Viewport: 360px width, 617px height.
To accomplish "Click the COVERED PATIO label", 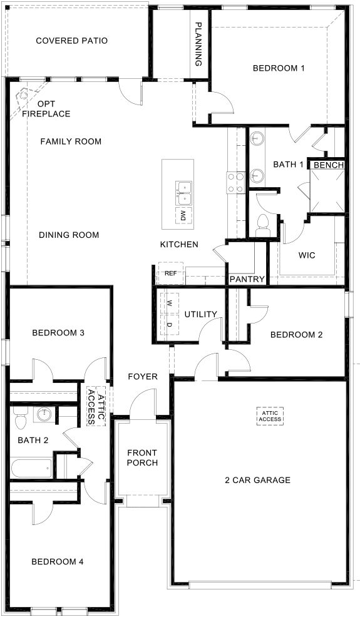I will (x=71, y=41).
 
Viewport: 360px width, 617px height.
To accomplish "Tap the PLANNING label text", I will (x=198, y=44).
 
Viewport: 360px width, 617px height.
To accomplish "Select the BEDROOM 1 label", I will (x=278, y=68).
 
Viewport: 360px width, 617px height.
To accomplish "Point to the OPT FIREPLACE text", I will (x=46, y=109).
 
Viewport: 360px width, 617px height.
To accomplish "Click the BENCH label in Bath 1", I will (x=328, y=165).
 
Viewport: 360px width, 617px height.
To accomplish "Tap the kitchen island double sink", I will (x=183, y=193).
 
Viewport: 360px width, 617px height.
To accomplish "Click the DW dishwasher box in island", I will (x=183, y=217).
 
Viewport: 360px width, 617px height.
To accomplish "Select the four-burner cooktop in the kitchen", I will (x=235, y=182).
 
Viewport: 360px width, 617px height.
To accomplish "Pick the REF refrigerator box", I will (x=170, y=273).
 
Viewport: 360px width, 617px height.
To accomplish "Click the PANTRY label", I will (x=247, y=279).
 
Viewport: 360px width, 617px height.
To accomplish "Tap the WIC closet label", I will (x=307, y=256).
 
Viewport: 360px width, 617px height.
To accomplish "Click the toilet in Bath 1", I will (x=262, y=224).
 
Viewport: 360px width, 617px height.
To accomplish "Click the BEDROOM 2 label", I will (x=296, y=335).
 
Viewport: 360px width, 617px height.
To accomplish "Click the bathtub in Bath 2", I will (x=31, y=467).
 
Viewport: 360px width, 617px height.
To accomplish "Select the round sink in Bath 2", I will (x=43, y=414).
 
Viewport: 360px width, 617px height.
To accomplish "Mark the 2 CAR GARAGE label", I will (x=257, y=480).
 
